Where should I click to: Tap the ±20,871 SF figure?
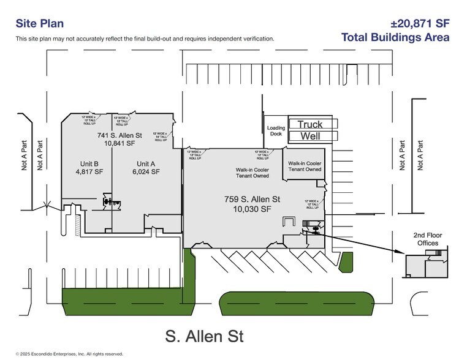click(420, 23)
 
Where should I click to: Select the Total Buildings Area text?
click(395, 37)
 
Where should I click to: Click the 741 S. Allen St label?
click(120, 135)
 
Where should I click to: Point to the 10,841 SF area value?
click(120, 143)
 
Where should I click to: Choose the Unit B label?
click(89, 163)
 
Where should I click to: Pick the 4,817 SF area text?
click(89, 172)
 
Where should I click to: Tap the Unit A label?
click(146, 163)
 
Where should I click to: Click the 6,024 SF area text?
click(146, 172)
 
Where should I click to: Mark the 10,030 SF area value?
click(253, 209)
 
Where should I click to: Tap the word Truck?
click(309, 124)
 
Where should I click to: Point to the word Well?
click(309, 136)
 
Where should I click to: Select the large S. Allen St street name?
click(204, 336)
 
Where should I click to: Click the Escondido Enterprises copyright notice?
click(69, 354)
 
